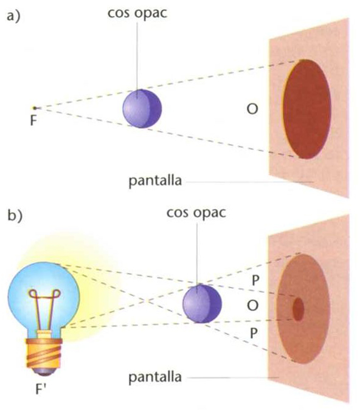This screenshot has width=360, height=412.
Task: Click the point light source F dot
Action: coord(35,108)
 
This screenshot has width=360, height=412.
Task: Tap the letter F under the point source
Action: coord(33,120)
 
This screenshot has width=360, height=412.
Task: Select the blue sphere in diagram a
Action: coord(142,109)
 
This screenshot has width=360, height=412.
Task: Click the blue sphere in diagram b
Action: coord(202,303)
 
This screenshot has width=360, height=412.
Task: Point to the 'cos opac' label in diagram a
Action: coord(137,13)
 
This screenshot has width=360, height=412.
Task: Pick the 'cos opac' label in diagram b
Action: coord(196,212)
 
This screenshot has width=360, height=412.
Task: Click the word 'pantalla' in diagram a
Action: coord(155,180)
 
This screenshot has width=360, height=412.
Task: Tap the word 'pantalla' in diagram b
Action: coord(155,377)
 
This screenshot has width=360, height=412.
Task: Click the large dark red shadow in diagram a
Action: coord(306,109)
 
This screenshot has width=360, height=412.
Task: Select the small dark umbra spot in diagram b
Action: coord(298,309)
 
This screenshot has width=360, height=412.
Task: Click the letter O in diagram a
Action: coord(252,109)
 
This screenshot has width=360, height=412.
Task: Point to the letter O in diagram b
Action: coord(252,306)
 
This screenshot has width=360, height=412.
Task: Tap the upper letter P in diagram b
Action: coord(255,281)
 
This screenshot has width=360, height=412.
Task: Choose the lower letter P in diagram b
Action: coord(254,333)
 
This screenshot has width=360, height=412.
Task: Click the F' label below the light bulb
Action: coord(41,390)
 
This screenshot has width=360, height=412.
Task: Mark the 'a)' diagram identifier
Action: coord(13,17)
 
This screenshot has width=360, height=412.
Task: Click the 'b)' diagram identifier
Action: coord(15,216)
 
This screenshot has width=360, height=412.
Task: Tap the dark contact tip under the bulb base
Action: coord(45,371)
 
